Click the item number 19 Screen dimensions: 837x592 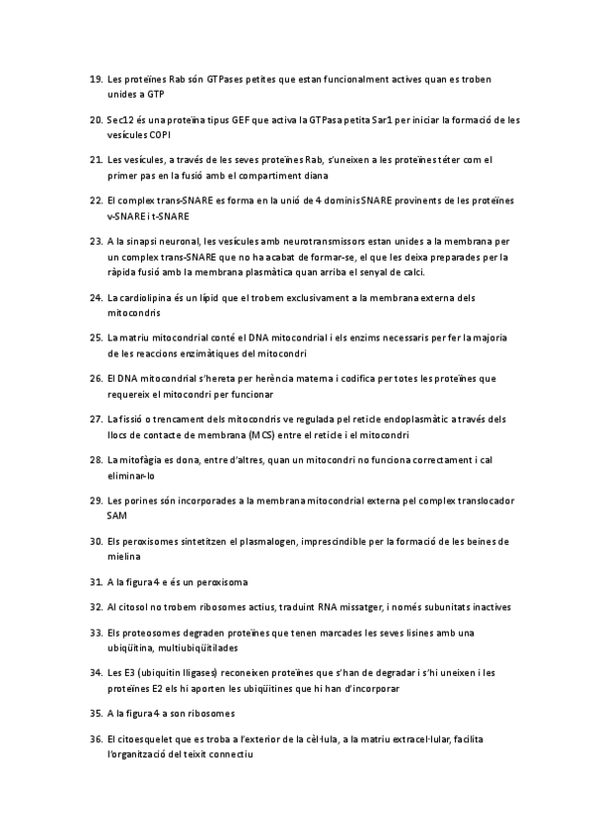click(x=96, y=79)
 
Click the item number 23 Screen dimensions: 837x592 click(x=96, y=241)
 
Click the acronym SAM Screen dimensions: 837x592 click(x=116, y=515)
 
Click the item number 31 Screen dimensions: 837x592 click(x=96, y=581)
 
